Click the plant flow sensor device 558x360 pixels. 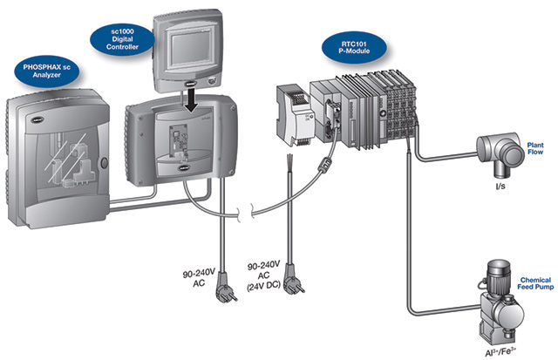(488, 151)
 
